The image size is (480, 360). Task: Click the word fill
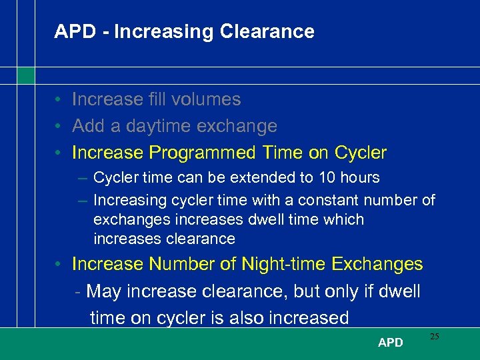click(158, 99)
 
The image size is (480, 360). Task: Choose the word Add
click(86, 126)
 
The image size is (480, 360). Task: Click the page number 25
click(434, 337)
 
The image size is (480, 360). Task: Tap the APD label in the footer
click(390, 343)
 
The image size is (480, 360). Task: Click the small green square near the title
click(25, 75)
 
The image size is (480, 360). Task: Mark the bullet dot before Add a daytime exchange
click(59, 126)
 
